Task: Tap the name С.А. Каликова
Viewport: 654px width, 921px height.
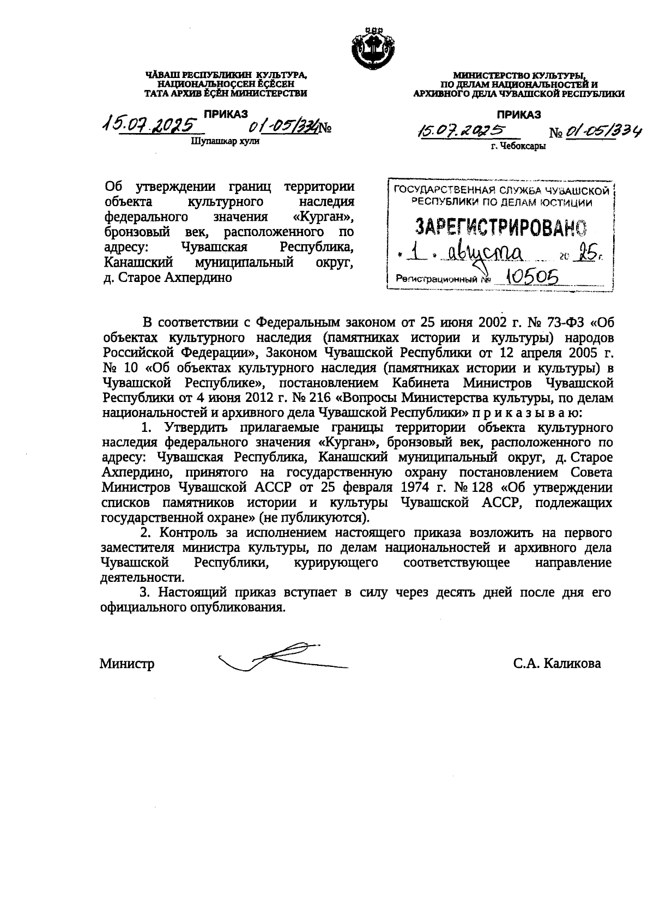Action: click(556, 664)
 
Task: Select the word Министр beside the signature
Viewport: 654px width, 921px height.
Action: click(126, 664)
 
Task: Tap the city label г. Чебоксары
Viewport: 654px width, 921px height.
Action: click(518, 146)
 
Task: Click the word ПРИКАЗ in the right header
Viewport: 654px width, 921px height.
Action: click(518, 114)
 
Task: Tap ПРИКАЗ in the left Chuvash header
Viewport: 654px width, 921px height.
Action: click(226, 113)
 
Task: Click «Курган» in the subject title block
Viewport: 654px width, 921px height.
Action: click(323, 217)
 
